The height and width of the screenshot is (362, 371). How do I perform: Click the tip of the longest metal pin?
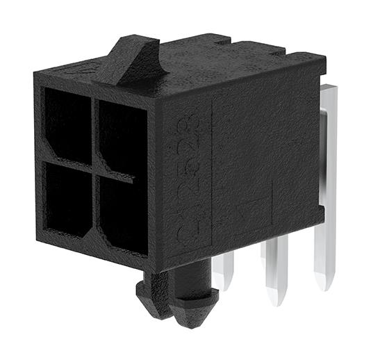click(x=324, y=282)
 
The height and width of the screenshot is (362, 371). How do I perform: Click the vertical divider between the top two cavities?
click(x=94, y=129)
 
